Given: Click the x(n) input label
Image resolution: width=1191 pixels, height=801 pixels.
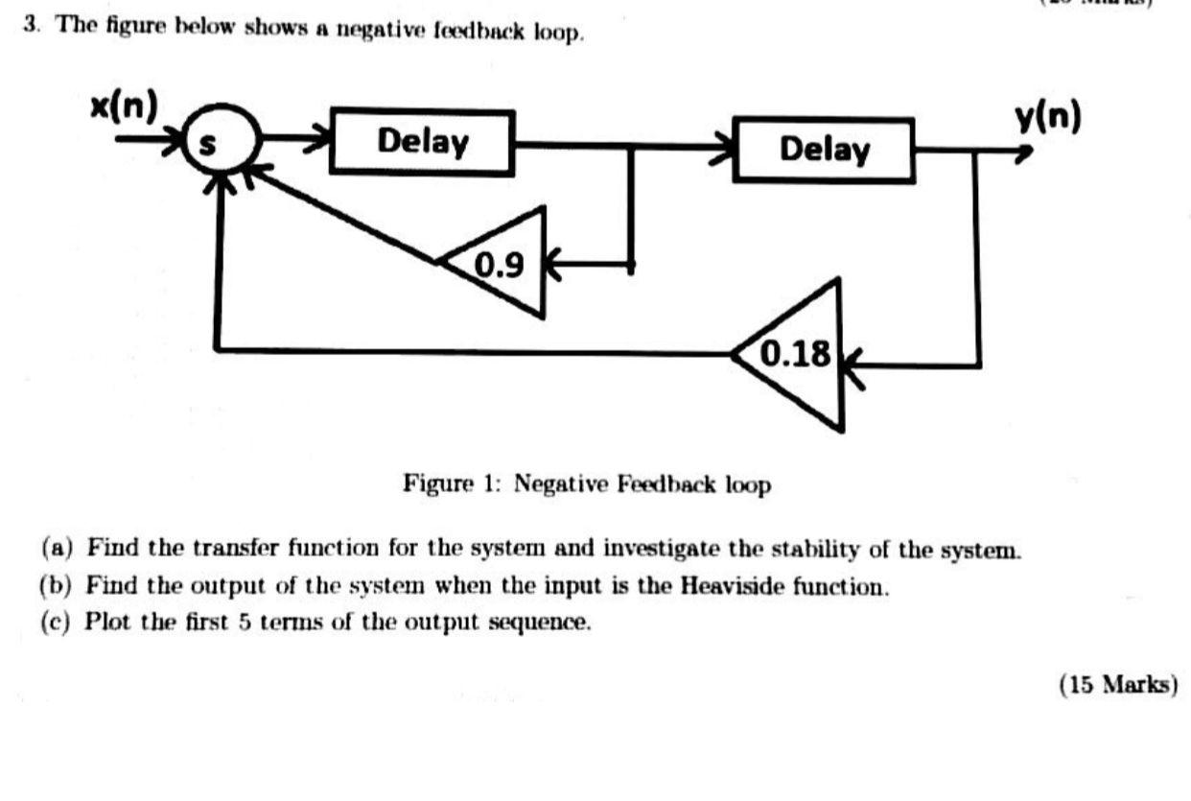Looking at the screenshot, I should (124, 107).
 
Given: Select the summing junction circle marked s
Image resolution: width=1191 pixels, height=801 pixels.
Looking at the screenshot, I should (220, 143).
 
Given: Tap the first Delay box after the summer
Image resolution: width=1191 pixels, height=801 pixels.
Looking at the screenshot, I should (422, 142).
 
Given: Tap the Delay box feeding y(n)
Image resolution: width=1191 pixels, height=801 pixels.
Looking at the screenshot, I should (823, 150).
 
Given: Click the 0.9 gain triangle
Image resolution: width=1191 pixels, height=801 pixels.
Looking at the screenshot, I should (503, 261).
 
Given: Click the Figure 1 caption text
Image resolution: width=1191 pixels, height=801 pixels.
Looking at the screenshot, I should (586, 484).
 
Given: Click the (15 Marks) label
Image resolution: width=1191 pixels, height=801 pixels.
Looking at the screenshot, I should (1117, 684).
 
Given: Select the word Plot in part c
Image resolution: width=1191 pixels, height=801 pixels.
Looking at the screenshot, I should (103, 621).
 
